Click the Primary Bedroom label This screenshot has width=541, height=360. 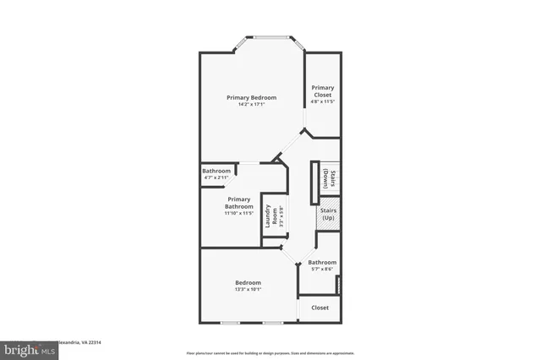click(252, 98)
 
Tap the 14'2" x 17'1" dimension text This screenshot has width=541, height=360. click(252, 105)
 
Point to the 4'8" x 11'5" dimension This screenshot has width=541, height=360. click(322, 102)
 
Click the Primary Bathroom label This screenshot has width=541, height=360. click(238, 203)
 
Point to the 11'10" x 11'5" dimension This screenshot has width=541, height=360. click(238, 213)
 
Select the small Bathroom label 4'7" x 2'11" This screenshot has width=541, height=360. click(216, 171)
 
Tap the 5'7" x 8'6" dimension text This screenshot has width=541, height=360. click(322, 270)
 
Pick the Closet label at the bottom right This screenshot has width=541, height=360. click(320, 308)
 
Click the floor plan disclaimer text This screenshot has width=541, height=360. click(270, 352)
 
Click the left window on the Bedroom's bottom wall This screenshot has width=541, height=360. click(231, 322)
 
